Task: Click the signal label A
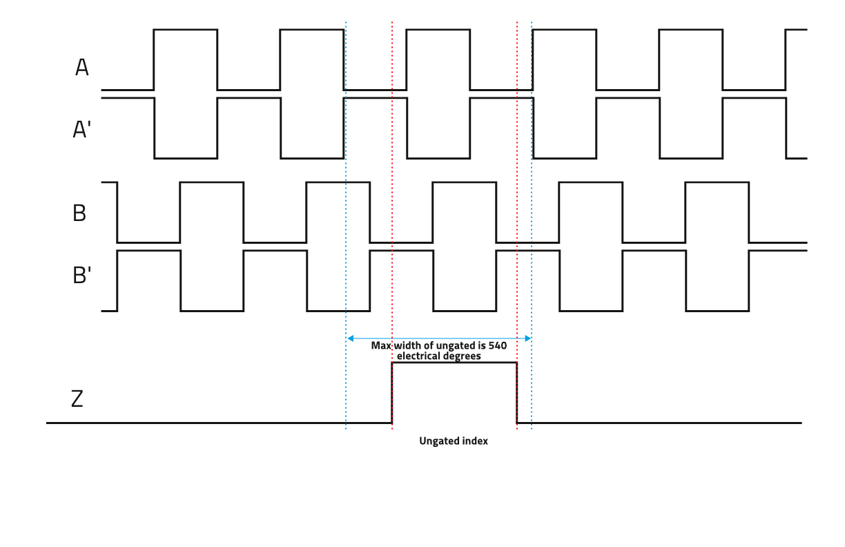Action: (82, 68)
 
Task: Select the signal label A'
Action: (82, 129)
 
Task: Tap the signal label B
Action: (79, 213)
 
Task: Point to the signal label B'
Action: (81, 275)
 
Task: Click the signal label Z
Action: (77, 399)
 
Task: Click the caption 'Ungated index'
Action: (454, 441)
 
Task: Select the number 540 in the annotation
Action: (498, 346)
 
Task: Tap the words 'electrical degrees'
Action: (439, 356)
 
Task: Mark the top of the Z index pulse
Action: (454, 363)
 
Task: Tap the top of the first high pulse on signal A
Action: (185, 30)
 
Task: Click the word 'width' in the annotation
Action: (409, 346)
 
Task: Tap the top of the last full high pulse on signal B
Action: (717, 182)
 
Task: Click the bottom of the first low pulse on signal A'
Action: (186, 158)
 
